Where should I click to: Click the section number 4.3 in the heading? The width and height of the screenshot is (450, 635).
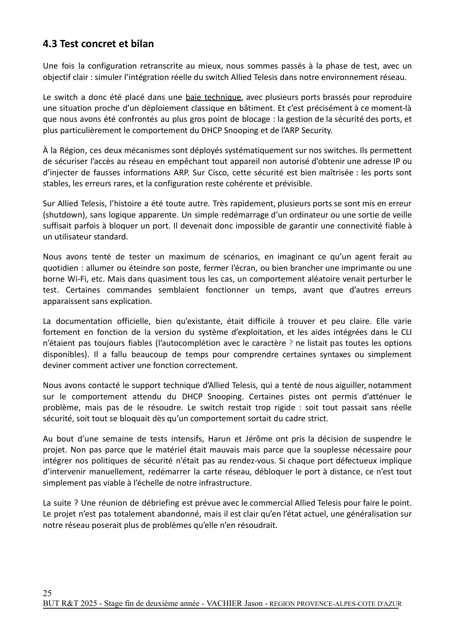click(x=50, y=44)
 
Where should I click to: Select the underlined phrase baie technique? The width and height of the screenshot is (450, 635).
click(x=213, y=97)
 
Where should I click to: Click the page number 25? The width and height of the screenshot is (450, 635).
click(x=47, y=592)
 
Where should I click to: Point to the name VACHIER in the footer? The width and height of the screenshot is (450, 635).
click(x=224, y=604)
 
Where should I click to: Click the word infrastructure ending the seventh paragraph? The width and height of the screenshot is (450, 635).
click(x=226, y=483)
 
